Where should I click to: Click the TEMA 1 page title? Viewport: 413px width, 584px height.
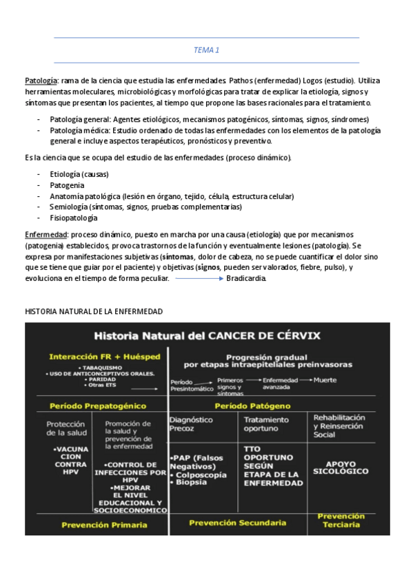coord(206,50)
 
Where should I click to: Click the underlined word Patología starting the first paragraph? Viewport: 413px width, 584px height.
coord(41,81)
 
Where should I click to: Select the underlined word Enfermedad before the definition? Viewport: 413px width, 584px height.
coord(46,234)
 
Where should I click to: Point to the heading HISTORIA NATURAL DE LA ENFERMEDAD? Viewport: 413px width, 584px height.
coord(94,311)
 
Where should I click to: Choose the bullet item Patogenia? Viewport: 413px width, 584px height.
coord(67,185)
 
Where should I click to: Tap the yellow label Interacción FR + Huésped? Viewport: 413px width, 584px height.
coord(105,357)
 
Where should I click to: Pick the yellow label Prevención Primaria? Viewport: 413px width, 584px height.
coord(104,525)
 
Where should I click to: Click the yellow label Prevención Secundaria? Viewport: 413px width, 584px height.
coord(237,523)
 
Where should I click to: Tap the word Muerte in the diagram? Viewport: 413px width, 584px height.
coord(325,379)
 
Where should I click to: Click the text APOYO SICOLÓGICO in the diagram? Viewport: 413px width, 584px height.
coord(341,467)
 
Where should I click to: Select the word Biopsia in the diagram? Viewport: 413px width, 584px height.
coord(191,482)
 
